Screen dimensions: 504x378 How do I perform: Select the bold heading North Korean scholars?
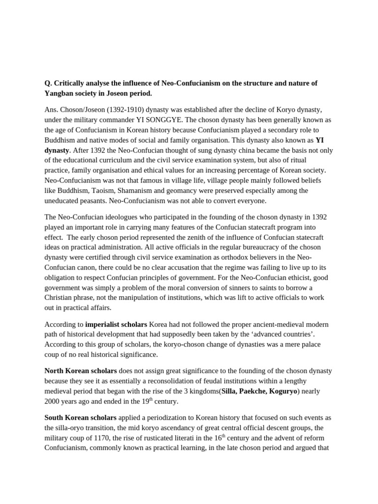81,371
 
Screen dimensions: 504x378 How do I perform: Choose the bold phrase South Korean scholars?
81,418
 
